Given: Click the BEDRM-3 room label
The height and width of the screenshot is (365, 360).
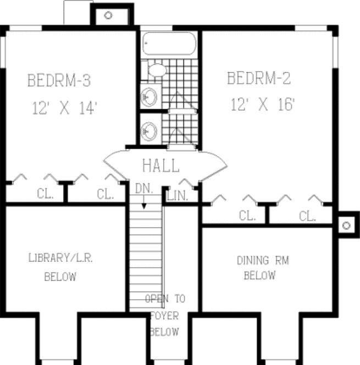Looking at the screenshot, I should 59,81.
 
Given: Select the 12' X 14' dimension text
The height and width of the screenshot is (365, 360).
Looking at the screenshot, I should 64,108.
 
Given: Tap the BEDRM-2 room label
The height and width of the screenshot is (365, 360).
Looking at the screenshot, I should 258,79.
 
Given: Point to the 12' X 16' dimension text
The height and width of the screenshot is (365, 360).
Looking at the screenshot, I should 264,104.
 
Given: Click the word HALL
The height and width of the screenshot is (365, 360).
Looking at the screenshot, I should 160,165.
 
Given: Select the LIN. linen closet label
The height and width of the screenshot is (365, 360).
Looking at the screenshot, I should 178,195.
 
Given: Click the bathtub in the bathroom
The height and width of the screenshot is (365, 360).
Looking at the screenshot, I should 169,45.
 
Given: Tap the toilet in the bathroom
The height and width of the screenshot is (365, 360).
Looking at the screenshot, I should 157,70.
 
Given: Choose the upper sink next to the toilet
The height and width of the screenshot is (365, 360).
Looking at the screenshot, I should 149,97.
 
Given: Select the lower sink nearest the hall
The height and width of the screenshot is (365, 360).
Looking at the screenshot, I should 149,131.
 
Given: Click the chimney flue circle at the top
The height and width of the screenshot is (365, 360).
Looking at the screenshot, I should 108,15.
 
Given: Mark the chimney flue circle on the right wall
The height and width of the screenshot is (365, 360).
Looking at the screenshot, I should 346,225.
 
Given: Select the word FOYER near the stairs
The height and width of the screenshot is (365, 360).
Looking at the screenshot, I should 164,316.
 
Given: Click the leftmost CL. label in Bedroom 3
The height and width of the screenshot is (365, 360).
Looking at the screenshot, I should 45,193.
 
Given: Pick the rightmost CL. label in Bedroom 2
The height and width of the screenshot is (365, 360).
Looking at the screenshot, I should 307,216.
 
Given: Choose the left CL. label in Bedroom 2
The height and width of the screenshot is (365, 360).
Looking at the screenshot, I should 247,216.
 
